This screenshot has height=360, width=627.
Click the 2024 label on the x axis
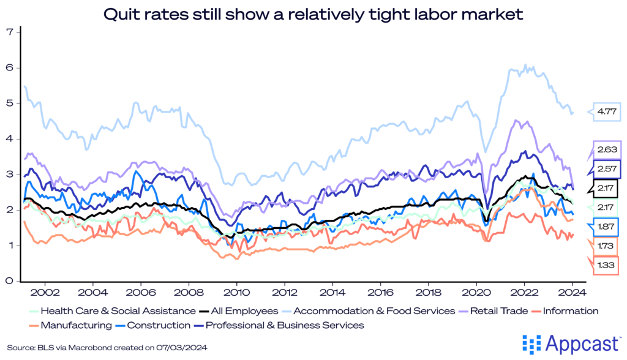click(x=573, y=293)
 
